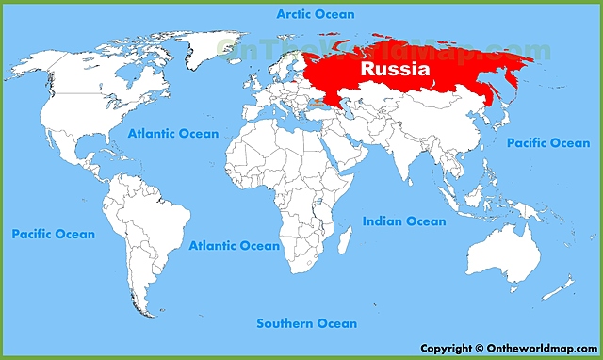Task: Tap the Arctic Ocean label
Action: (315, 14)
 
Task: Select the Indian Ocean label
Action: (404, 221)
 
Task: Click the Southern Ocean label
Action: (307, 324)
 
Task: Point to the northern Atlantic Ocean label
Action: (173, 134)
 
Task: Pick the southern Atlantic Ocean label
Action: (234, 246)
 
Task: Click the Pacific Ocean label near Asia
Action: (547, 143)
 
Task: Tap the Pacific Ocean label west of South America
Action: (53, 234)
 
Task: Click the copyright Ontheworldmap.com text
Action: (507, 348)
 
